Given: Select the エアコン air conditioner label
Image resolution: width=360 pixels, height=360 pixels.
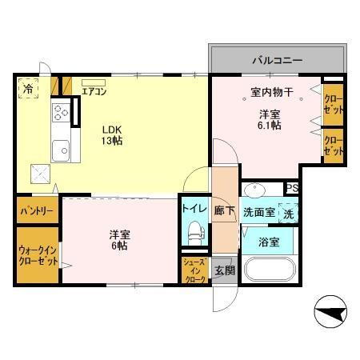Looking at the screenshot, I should click(x=94, y=90).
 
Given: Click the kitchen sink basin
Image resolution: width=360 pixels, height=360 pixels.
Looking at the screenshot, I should click(x=60, y=148).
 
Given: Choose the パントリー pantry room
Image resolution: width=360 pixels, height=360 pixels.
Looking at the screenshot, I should click(x=37, y=212).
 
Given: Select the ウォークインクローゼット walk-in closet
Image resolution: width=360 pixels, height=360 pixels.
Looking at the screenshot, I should click(x=37, y=254).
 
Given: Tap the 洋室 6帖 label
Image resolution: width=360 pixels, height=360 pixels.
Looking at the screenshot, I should click(x=121, y=239).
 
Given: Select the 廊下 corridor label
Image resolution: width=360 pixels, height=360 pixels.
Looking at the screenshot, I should click(x=225, y=211).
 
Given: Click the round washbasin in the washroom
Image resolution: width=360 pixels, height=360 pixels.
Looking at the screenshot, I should click(x=256, y=191).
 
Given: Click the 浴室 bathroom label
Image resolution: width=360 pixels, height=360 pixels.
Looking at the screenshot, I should click(x=269, y=242).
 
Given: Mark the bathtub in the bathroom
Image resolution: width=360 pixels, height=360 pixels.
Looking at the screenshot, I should click(x=268, y=270).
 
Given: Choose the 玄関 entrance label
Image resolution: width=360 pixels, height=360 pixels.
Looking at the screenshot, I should click(x=223, y=270).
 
